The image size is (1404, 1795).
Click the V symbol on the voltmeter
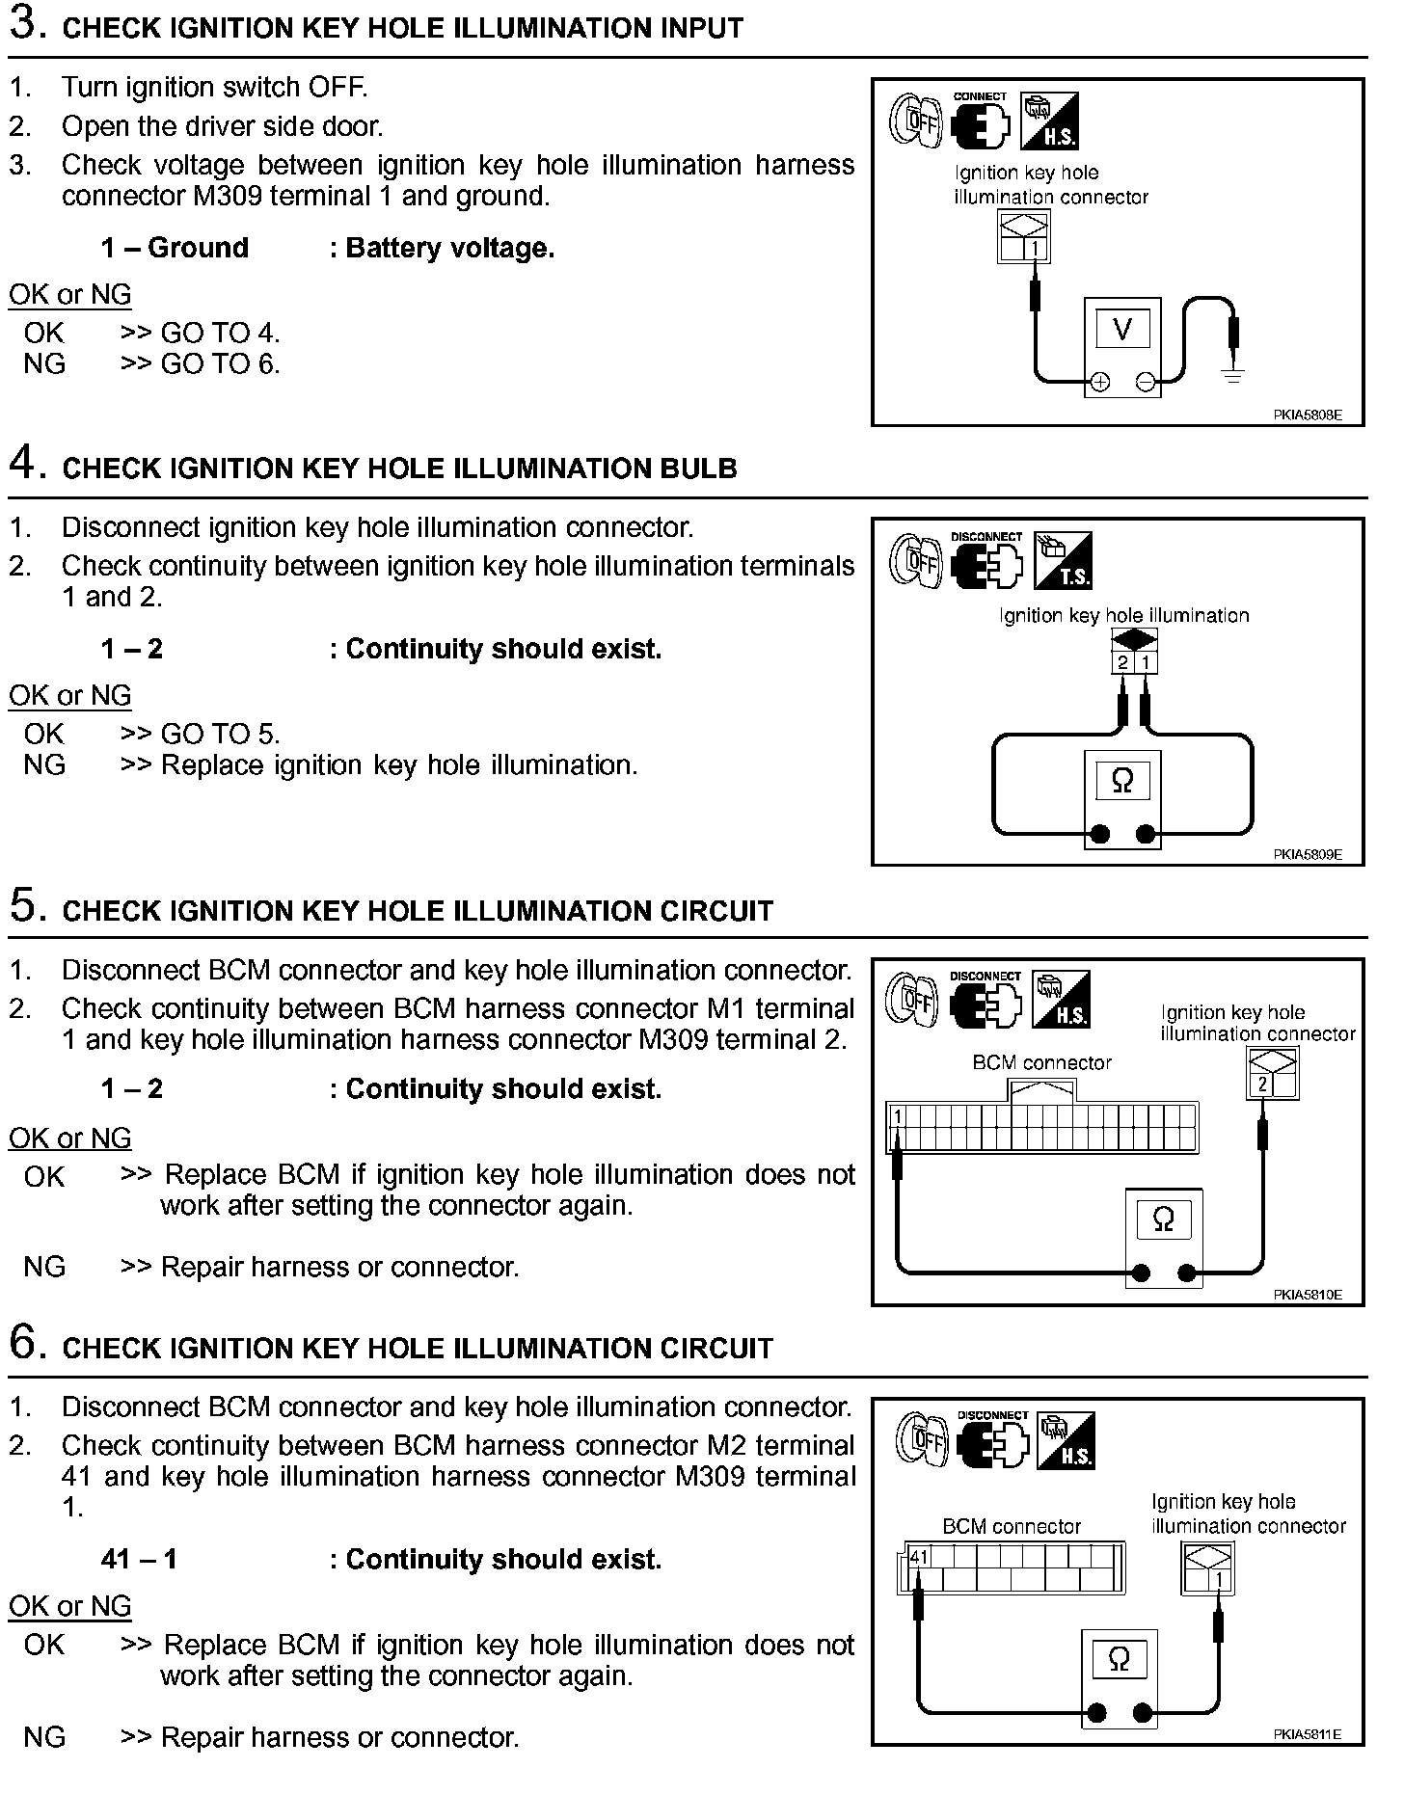point(1121,331)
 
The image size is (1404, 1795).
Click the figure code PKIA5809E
point(1307,854)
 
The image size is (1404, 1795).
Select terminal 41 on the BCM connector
point(918,1557)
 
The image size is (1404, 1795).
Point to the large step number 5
point(27,907)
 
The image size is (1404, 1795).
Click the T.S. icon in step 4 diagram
point(1063,560)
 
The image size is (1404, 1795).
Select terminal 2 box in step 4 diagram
point(1122,662)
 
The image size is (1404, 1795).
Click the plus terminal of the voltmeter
point(1098,383)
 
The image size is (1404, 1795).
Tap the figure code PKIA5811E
point(1307,1734)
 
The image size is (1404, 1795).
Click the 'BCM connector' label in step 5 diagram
point(1041,1062)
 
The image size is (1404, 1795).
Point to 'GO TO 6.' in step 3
point(220,364)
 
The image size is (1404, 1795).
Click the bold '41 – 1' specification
point(139,1560)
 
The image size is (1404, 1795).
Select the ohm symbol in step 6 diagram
point(1119,1659)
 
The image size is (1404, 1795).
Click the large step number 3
point(27,25)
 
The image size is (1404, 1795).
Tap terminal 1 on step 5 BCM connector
point(898,1117)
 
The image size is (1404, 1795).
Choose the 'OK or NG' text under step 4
point(69,695)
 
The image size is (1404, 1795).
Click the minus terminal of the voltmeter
point(1146,383)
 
